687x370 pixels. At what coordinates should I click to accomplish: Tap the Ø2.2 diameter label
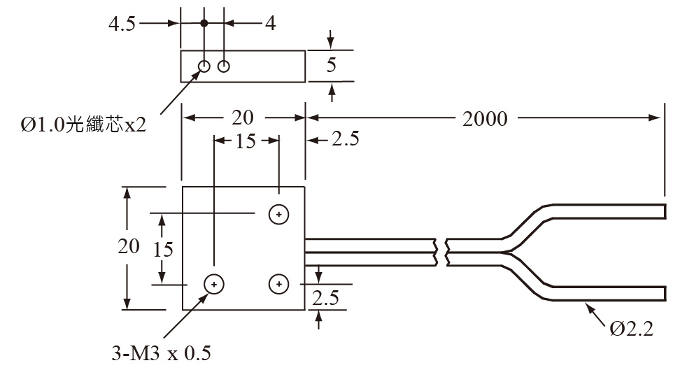tap(631, 328)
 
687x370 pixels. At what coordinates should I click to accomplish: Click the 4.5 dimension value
tap(122, 23)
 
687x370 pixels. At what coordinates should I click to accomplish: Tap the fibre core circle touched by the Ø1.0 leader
tap(204, 66)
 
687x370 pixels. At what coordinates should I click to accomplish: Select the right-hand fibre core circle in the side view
tap(224, 66)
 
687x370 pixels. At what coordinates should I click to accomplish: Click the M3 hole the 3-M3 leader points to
tap(214, 283)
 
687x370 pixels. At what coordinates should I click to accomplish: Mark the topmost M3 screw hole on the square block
tap(279, 214)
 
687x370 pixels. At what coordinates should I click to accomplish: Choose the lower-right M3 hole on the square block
tap(279, 283)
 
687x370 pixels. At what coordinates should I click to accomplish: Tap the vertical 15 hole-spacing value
tap(163, 248)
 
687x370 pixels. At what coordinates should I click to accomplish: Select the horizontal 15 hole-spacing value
tap(246, 141)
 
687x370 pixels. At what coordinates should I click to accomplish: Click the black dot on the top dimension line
tap(204, 23)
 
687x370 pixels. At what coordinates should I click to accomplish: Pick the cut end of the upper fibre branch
tap(663, 211)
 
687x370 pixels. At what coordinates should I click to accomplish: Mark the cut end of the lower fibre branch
tap(663, 292)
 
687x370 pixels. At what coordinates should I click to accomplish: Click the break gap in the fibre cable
tap(441, 252)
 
